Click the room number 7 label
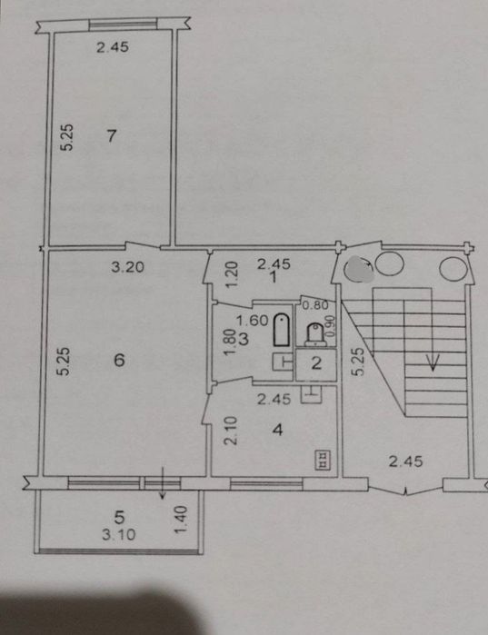tap(112, 135)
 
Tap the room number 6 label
tap(119, 360)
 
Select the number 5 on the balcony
tap(119, 517)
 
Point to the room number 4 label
tap(277, 430)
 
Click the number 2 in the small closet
tap(316, 363)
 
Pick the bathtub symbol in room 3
tap(282, 330)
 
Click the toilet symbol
tap(315, 334)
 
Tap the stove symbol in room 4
tap(324, 460)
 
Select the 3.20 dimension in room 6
tap(128, 267)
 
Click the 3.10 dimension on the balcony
tap(119, 534)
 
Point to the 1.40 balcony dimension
tap(180, 520)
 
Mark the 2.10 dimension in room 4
tap(230, 432)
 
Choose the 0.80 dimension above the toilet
tap(315, 305)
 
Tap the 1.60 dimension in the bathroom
tap(252, 321)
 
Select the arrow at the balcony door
tap(163, 482)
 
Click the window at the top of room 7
tap(123, 25)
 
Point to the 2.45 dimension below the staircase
tap(406, 461)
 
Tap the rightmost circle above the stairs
tap(453, 269)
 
